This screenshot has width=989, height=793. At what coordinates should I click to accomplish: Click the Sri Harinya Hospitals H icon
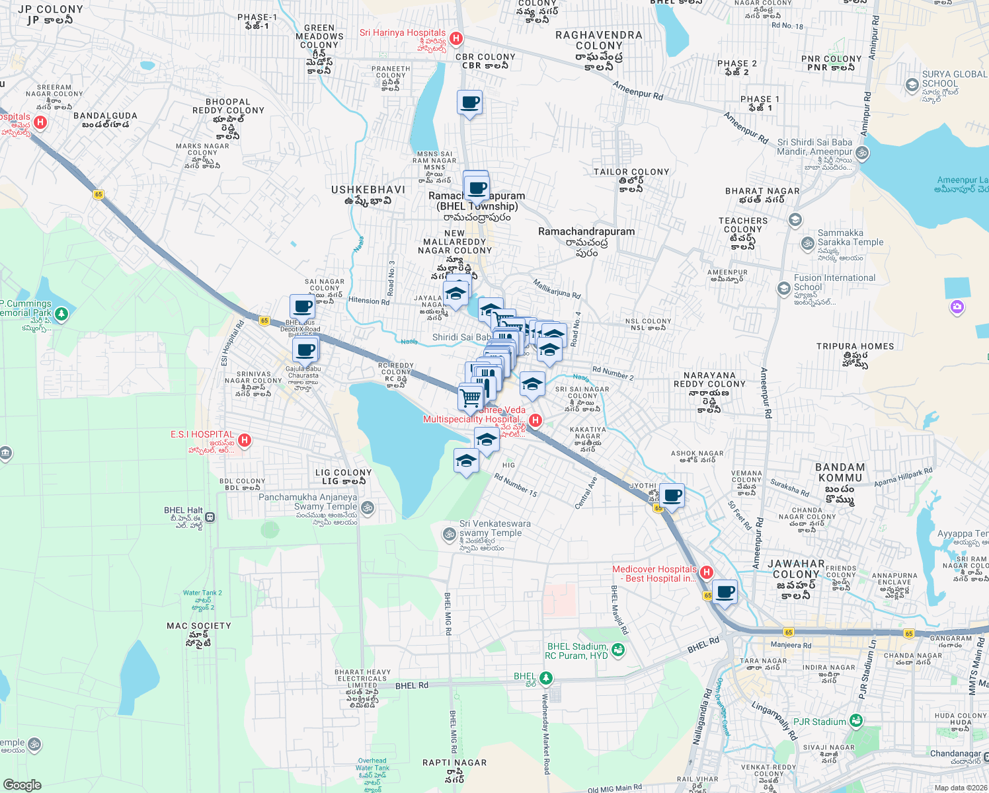click(455, 38)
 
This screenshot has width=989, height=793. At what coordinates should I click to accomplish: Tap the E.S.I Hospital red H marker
click(244, 440)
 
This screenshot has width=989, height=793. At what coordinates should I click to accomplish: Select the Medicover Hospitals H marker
click(706, 572)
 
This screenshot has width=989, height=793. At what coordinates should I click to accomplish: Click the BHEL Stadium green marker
click(617, 650)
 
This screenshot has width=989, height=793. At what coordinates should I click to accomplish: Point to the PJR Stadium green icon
click(856, 721)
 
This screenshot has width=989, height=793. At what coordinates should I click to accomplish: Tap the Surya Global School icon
click(912, 84)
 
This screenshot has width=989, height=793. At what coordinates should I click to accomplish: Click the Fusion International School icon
click(783, 288)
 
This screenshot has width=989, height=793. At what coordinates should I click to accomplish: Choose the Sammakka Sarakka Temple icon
click(807, 243)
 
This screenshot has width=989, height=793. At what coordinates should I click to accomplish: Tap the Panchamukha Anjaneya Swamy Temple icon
click(368, 508)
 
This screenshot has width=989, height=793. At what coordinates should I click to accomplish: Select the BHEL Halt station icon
click(210, 517)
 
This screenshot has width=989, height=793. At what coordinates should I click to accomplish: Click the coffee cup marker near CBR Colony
click(469, 103)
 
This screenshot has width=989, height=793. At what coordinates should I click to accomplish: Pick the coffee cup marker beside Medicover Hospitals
click(725, 592)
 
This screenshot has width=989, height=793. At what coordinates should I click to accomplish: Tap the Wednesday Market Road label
click(546, 734)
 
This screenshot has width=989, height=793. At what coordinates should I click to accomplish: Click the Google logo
click(22, 785)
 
